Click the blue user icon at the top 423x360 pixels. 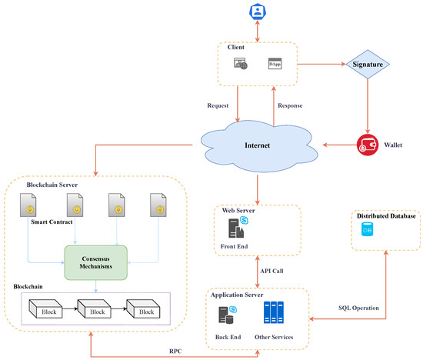pos(257,12)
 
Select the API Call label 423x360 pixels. pos(271,270)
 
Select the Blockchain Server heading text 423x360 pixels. pos(52,185)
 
